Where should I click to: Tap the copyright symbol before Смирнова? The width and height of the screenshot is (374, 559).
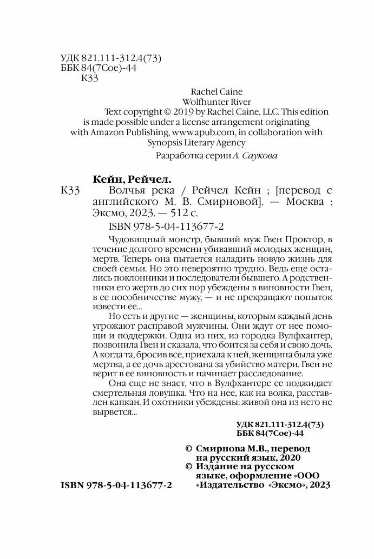pyautogui.click(x=188, y=449)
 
